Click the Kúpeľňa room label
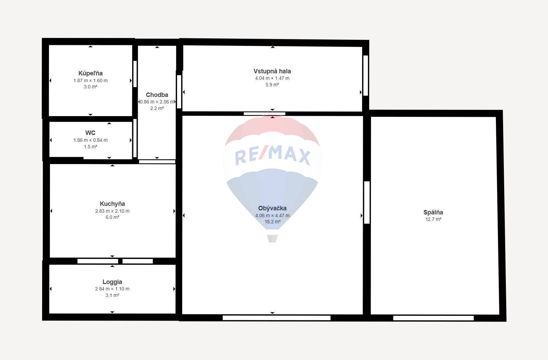tap(90, 73)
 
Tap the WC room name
tap(90, 133)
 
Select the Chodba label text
tap(157, 95)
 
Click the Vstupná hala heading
tap(272, 71)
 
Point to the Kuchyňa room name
tap(112, 203)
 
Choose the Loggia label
tap(112, 282)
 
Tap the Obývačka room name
tap(272, 208)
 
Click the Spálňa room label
tap(433, 212)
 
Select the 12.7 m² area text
tap(433, 219)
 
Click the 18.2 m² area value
tap(272, 222)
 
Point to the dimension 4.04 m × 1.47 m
tap(272, 78)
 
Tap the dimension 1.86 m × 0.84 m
tap(90, 140)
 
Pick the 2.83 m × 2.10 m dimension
tap(112, 211)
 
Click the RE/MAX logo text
tap(272, 156)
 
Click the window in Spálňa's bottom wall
tap(433, 318)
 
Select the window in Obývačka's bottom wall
tap(276, 318)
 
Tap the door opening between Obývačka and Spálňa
tap(367, 202)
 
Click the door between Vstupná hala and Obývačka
tap(264, 114)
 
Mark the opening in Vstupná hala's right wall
tap(365, 76)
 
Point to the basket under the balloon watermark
tap(272, 239)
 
